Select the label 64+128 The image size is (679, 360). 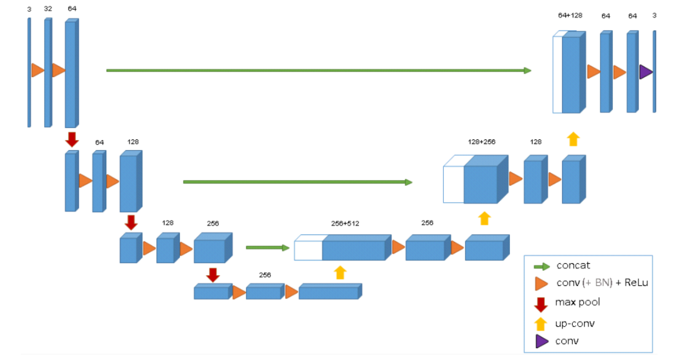(x=570, y=16)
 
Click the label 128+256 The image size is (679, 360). (x=482, y=142)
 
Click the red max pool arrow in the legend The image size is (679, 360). (x=540, y=304)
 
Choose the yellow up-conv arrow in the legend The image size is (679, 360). (x=540, y=324)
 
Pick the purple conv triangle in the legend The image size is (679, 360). (x=540, y=342)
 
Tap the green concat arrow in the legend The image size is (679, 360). (x=540, y=266)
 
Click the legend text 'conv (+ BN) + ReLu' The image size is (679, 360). (x=601, y=283)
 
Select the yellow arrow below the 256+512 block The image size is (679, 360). (x=340, y=272)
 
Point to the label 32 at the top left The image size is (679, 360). (x=48, y=9)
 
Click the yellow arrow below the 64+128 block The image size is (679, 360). (x=572, y=139)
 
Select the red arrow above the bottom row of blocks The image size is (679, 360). (x=213, y=275)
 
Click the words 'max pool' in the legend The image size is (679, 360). (x=577, y=302)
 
